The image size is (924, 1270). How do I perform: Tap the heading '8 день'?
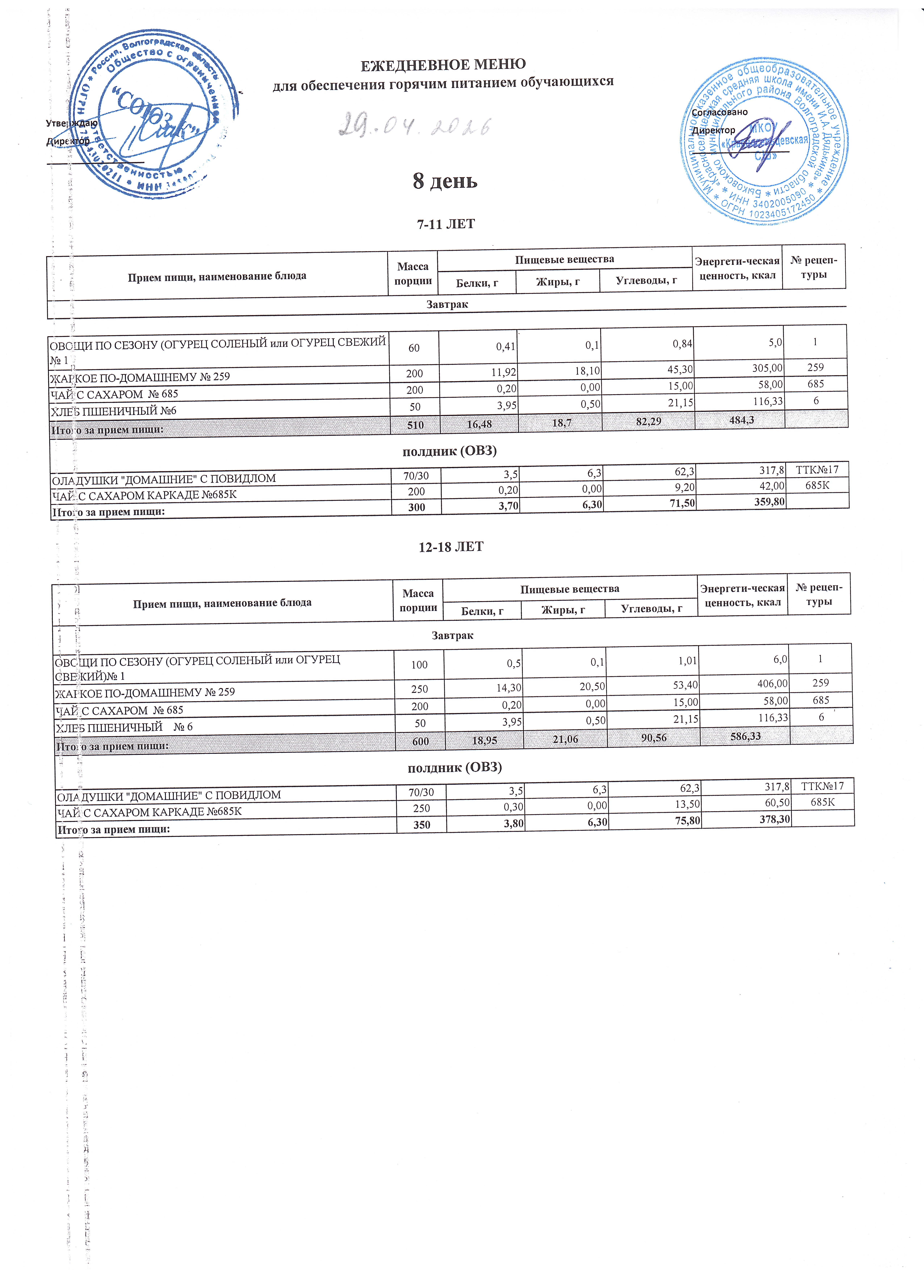pos(445,181)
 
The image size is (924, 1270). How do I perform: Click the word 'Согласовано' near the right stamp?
pos(720,112)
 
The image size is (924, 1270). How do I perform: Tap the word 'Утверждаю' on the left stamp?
pos(72,123)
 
